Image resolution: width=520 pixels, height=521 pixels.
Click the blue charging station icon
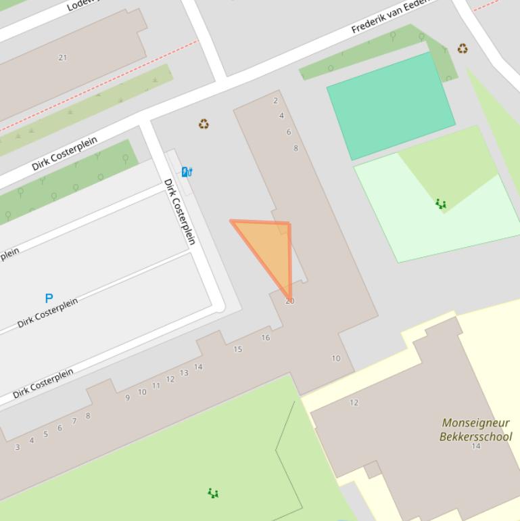[187, 172]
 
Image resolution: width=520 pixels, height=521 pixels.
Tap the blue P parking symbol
[49, 298]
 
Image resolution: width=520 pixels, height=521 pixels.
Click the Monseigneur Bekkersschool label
[475, 430]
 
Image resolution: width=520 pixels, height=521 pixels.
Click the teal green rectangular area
[391, 105]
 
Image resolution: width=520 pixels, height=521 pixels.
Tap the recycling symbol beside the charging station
[204, 124]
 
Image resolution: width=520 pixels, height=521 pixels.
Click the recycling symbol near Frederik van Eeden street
[463, 49]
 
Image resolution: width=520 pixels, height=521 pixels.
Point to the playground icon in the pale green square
[441, 204]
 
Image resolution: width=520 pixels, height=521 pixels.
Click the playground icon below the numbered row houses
[213, 493]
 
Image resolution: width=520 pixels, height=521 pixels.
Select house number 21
[63, 58]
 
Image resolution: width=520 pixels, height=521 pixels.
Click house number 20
[289, 301]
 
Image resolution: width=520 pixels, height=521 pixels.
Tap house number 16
[265, 338]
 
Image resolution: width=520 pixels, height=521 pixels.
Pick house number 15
[237, 349]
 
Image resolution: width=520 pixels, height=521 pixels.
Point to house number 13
[184, 373]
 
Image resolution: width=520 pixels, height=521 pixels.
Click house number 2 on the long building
[275, 101]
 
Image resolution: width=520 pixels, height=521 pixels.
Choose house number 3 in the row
[17, 447]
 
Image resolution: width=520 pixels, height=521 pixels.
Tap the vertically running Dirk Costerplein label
[180, 212]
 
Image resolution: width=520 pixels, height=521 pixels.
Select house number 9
[127, 398]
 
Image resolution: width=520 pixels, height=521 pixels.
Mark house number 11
[156, 386]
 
